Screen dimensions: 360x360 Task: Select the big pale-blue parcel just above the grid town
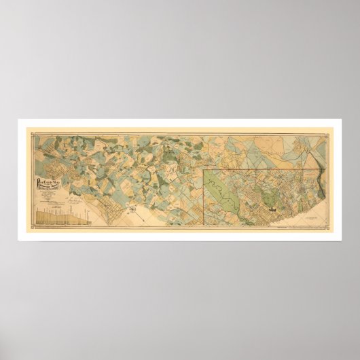click(x=102, y=183)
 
